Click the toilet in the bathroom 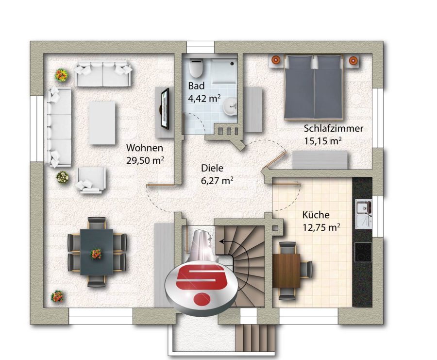coord(197,67)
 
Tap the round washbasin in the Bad coord(230,107)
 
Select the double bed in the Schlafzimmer coord(313,87)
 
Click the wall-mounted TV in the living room coord(165,108)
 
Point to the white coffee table coord(102,123)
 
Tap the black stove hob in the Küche coord(363,252)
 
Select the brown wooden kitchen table coord(286,271)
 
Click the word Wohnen coord(144,148)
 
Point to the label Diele coord(212,168)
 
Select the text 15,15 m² coord(323,141)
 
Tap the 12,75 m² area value coord(321,227)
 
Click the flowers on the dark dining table coord(96,254)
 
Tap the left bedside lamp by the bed coord(276,59)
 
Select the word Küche coord(316,215)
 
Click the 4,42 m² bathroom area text coord(204,99)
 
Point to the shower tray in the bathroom coord(223,71)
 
